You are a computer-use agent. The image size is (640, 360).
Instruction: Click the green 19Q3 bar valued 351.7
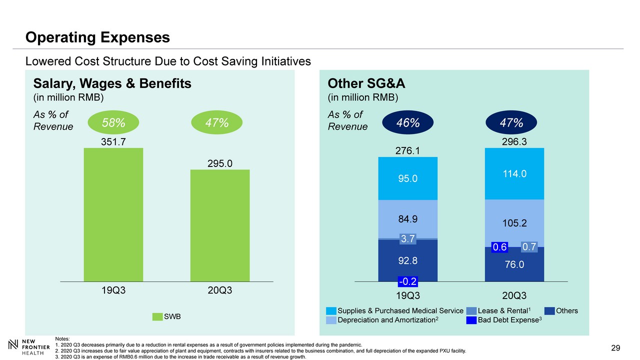(x=113, y=215)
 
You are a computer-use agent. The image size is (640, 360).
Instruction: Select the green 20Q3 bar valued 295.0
(x=220, y=225)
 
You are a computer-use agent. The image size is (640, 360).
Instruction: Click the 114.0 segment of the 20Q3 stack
(x=515, y=173)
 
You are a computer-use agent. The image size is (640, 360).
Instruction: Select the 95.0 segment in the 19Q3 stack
(x=408, y=178)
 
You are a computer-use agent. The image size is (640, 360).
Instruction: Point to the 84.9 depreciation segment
(x=408, y=218)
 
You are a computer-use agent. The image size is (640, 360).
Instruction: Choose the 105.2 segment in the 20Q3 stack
(x=515, y=223)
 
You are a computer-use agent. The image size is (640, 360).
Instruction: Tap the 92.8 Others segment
(x=408, y=260)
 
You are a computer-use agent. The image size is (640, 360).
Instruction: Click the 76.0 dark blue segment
(x=515, y=264)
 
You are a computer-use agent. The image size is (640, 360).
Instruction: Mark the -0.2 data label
(x=408, y=281)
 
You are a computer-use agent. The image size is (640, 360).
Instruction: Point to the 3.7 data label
(x=408, y=239)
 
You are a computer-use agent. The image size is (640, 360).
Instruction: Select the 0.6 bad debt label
(x=500, y=247)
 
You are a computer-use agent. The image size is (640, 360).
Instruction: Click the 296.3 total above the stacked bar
(x=515, y=142)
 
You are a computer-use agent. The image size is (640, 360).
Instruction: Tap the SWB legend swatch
(x=157, y=316)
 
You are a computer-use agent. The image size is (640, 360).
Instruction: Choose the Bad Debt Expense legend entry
(x=505, y=320)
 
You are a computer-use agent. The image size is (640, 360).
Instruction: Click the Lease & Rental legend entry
(x=502, y=311)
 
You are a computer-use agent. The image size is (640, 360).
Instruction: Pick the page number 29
(x=615, y=348)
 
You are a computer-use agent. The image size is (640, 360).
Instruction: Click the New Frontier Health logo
(x=30, y=347)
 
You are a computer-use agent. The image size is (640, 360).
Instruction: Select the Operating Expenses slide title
(x=98, y=37)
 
